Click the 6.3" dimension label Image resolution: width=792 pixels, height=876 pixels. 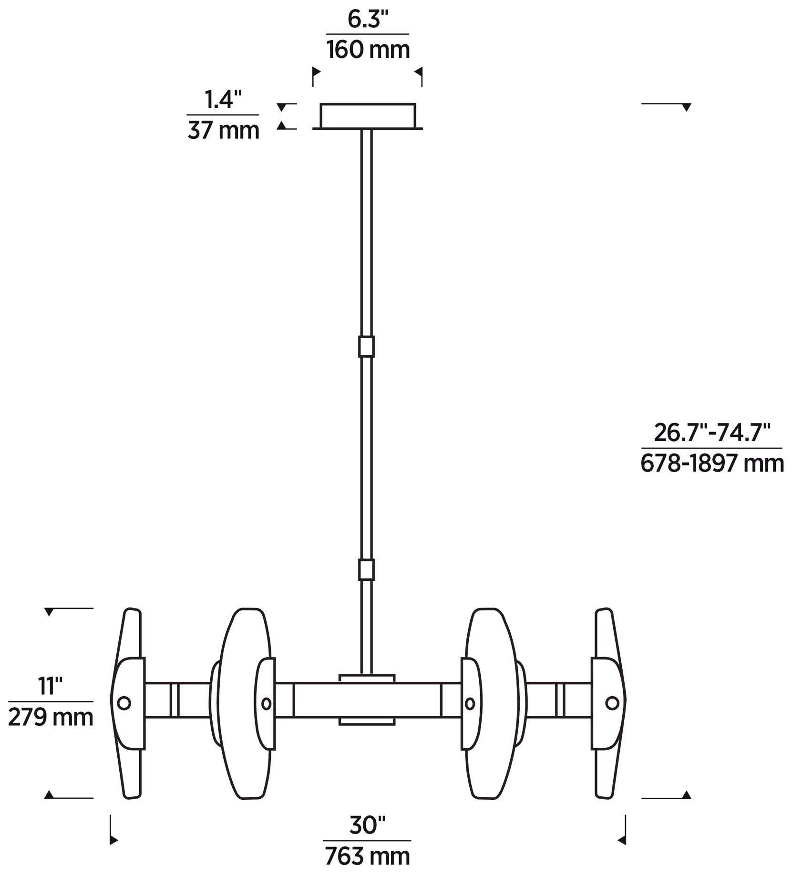368,20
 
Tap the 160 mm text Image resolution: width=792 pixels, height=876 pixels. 368,49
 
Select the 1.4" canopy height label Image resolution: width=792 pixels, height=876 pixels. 223,100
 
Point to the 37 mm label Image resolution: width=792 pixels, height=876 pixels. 223,130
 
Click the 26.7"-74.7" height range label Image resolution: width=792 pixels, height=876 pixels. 712,433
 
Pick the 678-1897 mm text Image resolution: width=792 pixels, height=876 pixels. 712,463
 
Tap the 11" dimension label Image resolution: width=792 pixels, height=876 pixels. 51,686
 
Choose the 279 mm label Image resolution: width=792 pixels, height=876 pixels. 51,717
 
